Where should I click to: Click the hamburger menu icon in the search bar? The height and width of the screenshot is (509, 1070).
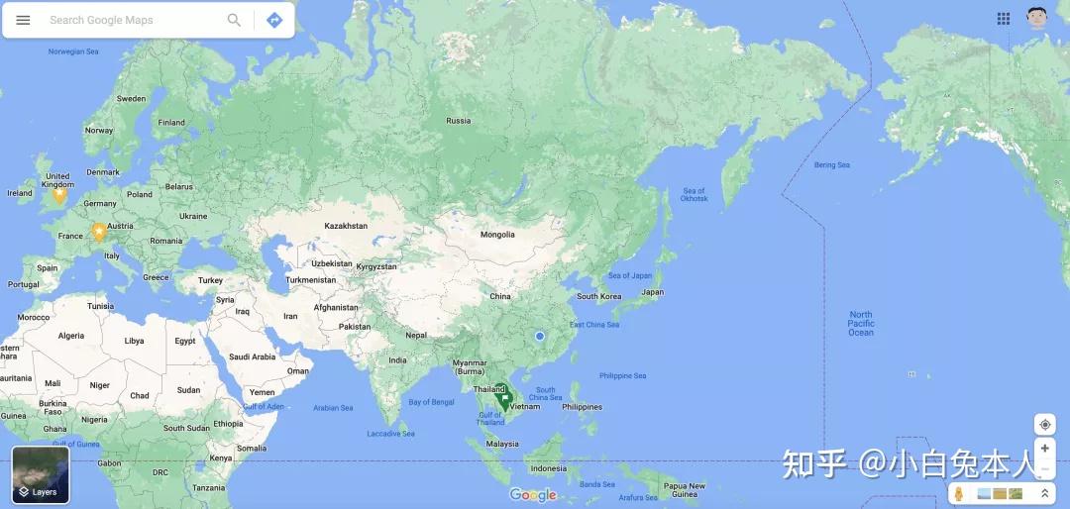(x=23, y=20)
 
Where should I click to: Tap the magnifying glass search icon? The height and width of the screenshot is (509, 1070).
(x=234, y=20)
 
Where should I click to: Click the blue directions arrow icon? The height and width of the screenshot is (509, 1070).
(x=274, y=20)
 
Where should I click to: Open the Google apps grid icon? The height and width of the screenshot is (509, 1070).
(x=1004, y=19)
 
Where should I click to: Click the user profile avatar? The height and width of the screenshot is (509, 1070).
(x=1036, y=18)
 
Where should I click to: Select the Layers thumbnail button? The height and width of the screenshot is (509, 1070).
(x=41, y=474)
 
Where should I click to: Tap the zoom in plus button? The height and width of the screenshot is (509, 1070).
(x=1044, y=449)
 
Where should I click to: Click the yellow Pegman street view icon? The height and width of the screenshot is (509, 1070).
(x=959, y=493)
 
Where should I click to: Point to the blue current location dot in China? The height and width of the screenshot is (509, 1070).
(x=540, y=337)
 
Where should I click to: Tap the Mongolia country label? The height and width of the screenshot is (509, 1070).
(x=497, y=235)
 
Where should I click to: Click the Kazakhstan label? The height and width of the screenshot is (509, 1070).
(x=346, y=226)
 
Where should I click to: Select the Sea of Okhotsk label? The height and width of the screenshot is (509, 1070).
(x=694, y=195)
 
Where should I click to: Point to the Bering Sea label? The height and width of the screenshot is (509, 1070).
(x=831, y=165)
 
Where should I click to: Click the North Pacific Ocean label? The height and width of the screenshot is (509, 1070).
(x=861, y=324)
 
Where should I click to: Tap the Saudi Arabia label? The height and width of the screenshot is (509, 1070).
(x=252, y=356)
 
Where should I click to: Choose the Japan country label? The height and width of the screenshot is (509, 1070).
(x=652, y=292)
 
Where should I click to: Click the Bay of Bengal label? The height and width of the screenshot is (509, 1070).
(x=431, y=402)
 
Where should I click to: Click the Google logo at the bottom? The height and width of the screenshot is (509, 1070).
(x=533, y=495)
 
